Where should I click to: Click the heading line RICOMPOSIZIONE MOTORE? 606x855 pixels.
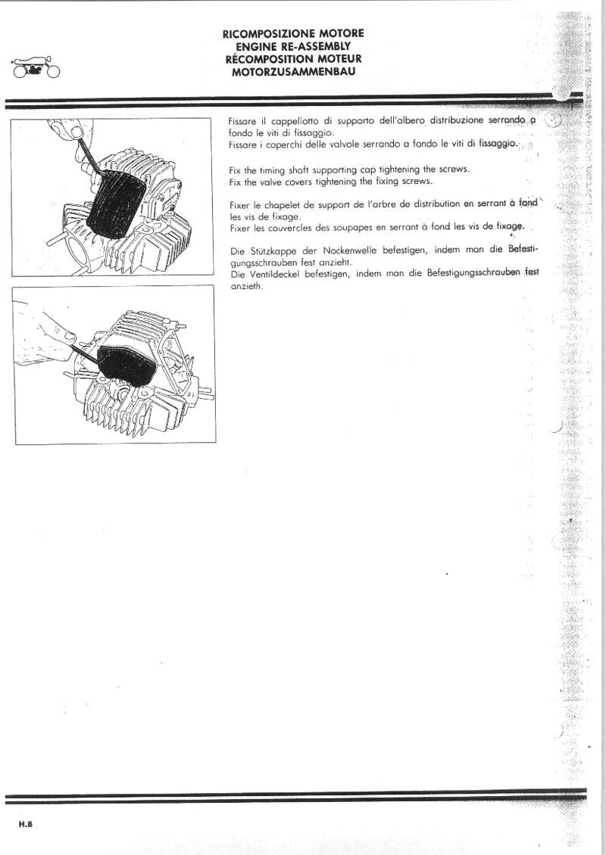point(292,33)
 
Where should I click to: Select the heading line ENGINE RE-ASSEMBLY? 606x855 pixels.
point(292,46)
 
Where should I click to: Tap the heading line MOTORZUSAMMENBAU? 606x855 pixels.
point(292,72)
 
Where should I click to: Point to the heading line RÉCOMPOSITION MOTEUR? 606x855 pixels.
point(292,59)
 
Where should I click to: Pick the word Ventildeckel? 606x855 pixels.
point(264,274)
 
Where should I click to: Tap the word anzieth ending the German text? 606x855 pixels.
point(245,286)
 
